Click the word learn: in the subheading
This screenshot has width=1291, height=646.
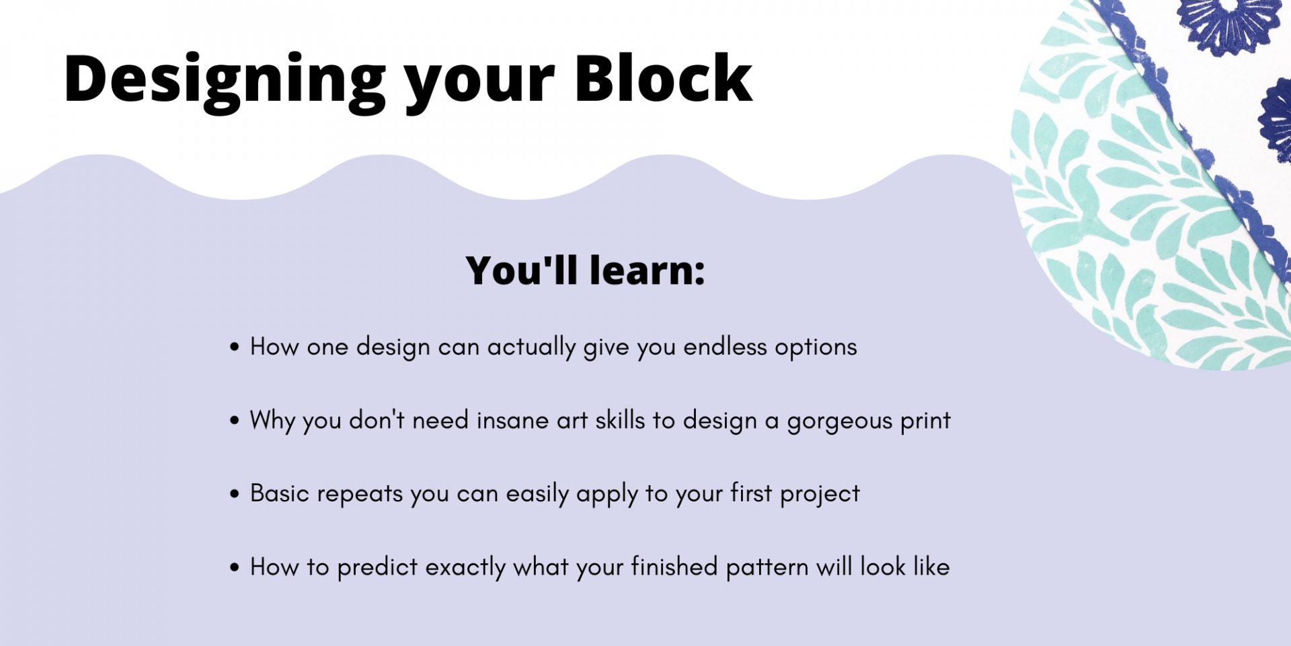647,271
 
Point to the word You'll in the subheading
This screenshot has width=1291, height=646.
522,271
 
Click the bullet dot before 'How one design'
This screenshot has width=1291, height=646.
234,347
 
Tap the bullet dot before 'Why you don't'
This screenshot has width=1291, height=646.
234,421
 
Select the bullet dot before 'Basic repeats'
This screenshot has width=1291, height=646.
234,494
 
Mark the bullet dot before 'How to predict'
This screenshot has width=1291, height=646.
234,567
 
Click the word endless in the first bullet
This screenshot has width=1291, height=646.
725,347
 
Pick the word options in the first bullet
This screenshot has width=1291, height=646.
816,349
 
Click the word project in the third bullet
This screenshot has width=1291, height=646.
820,495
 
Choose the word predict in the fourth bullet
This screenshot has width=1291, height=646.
377,569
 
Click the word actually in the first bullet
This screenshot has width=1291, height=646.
531,349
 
